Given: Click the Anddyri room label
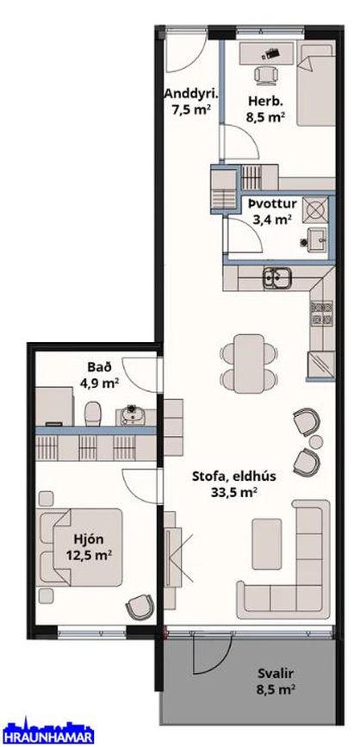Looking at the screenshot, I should (190, 103).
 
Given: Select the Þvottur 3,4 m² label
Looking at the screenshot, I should (271, 211).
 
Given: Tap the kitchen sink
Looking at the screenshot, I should (278, 278).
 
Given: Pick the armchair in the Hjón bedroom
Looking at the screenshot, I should (138, 608).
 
